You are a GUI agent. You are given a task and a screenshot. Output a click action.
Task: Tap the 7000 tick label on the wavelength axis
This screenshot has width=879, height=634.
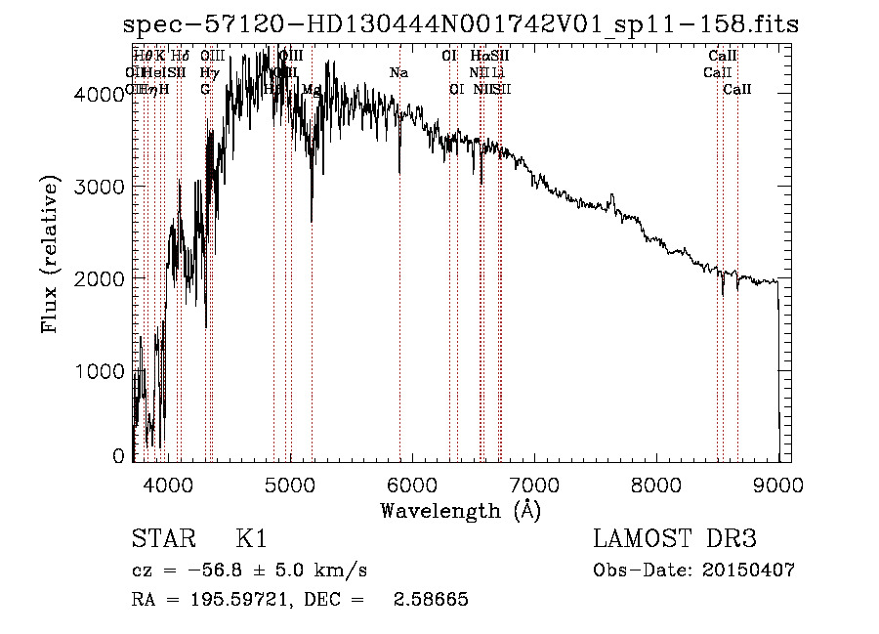coord(534,483)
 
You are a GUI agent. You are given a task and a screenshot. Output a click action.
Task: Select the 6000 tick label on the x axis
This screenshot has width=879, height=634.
coord(412,483)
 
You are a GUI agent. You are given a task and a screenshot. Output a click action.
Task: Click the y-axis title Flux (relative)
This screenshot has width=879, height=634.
coord(51,255)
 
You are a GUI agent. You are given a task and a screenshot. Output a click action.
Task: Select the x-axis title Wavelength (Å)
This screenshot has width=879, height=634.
coord(460,510)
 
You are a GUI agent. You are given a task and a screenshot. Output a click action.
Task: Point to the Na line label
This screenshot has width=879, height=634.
coord(398,73)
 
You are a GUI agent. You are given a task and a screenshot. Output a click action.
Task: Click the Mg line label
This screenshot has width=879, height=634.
coord(312,90)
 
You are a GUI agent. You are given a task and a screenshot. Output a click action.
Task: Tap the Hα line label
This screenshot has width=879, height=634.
coord(479,57)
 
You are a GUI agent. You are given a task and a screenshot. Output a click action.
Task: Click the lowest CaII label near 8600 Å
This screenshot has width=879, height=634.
coord(737,90)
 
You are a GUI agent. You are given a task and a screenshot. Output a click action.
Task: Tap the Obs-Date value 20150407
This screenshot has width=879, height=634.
coord(753,570)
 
